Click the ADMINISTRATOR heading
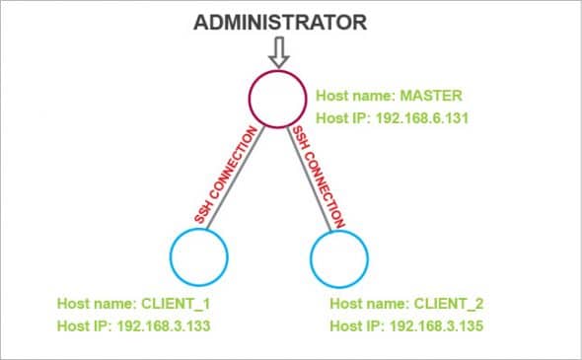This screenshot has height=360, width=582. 280,22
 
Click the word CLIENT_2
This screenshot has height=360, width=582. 449,301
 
